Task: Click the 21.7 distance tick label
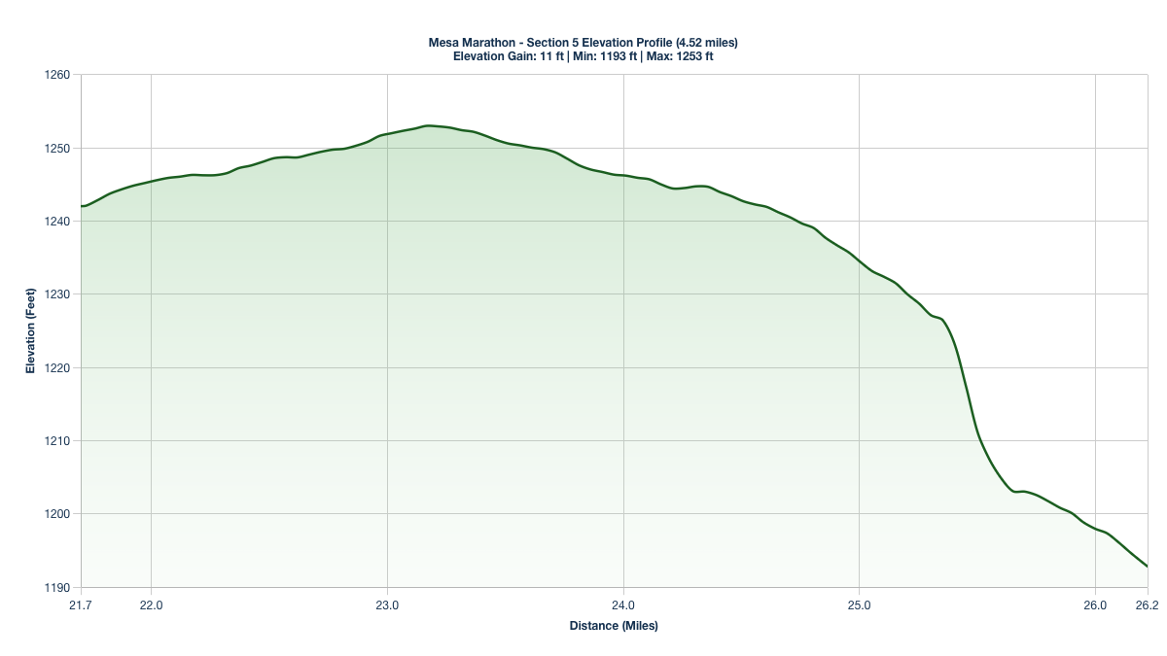[81, 604]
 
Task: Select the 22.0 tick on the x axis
[152, 604]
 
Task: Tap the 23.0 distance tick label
[387, 604]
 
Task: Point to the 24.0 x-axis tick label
[623, 604]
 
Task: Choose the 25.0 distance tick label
[860, 604]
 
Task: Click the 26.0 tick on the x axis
[1095, 604]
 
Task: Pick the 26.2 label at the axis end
[1148, 604]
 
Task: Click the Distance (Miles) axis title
[614, 626]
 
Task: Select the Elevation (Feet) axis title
[30, 330]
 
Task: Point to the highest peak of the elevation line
[428, 125]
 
